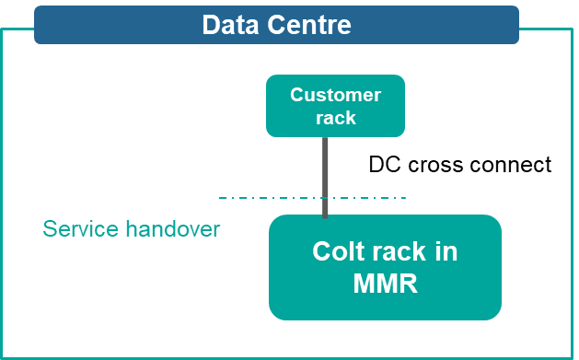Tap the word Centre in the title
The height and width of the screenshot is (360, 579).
click(x=308, y=25)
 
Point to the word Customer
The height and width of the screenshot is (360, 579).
click(x=335, y=95)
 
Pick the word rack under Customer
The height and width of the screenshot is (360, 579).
click(x=335, y=118)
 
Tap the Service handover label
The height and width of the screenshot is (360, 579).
click(x=132, y=229)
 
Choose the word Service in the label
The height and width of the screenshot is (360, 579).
click(x=81, y=229)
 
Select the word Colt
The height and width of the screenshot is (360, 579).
click(x=338, y=251)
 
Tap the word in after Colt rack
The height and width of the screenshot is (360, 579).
click(x=446, y=251)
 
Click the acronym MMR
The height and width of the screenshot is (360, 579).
click(x=385, y=284)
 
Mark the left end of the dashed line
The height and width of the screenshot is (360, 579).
click(x=221, y=197)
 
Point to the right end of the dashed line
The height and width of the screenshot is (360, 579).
click(x=404, y=197)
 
